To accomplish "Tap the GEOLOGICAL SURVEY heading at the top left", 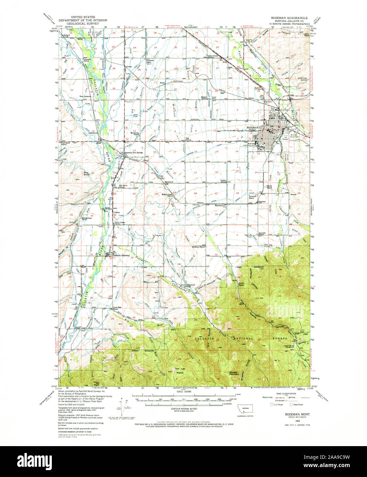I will (83, 23).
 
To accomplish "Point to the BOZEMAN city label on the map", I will (252, 127).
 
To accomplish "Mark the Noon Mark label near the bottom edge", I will (94, 383).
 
